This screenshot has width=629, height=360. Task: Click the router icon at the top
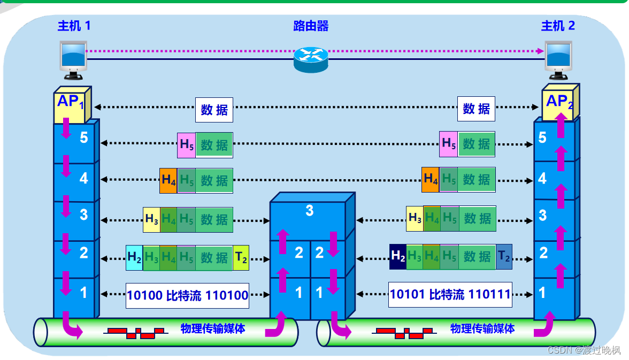click(x=310, y=59)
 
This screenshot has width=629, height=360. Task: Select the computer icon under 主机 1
click(x=73, y=58)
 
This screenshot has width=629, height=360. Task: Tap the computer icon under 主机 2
click(x=558, y=58)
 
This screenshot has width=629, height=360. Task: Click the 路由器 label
click(x=311, y=26)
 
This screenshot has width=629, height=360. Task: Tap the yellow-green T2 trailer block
click(x=241, y=258)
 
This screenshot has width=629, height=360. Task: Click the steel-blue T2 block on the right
click(x=504, y=256)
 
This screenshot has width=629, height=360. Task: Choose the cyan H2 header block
click(x=134, y=258)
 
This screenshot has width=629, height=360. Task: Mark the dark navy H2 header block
click(x=398, y=256)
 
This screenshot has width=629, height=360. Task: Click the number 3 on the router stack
click(x=309, y=211)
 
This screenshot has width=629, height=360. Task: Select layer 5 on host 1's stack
click(x=83, y=138)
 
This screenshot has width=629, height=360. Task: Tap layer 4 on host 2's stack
click(x=542, y=178)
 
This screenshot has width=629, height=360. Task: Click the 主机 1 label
click(x=74, y=26)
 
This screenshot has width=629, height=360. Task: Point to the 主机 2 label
click(x=558, y=26)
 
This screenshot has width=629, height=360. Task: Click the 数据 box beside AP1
click(x=214, y=110)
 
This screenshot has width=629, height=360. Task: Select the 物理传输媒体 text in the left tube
click(x=213, y=329)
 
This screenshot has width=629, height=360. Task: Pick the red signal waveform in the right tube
click(x=405, y=333)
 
